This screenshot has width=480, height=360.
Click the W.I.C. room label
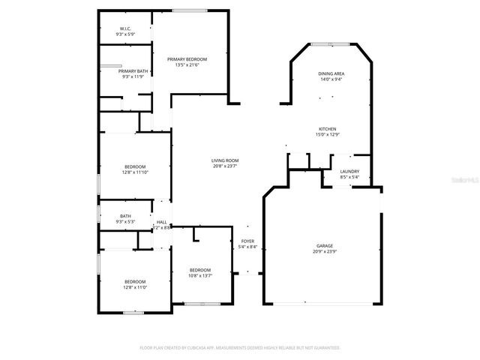pyautogui.click(x=124, y=29)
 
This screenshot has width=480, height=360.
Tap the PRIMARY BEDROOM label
pyautogui.click(x=187, y=59)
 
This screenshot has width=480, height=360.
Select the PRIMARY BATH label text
pyautogui.click(x=124, y=71)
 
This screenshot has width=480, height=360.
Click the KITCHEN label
pyautogui.click(x=327, y=129)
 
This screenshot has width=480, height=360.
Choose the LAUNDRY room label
pyautogui.click(x=349, y=172)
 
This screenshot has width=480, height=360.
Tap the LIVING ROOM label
pyautogui.click(x=224, y=160)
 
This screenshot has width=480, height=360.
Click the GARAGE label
pyautogui.click(x=324, y=245)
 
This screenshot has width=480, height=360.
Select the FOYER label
pyautogui.click(x=247, y=241)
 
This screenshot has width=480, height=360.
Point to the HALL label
pyautogui.click(x=162, y=222)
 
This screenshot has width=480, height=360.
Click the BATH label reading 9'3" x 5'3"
pyautogui.click(x=124, y=216)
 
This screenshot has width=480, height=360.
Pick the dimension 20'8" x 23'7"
pyautogui.click(x=224, y=166)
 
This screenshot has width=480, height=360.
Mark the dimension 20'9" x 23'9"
pyautogui.click(x=324, y=251)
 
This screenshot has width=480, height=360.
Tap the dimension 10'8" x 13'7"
pyautogui.click(x=199, y=275)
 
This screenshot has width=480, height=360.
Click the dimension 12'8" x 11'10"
pyautogui.click(x=135, y=172)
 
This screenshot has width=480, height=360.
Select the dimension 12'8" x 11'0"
pyautogui.click(x=135, y=287)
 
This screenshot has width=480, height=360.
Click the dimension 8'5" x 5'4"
pyautogui.click(x=349, y=178)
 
